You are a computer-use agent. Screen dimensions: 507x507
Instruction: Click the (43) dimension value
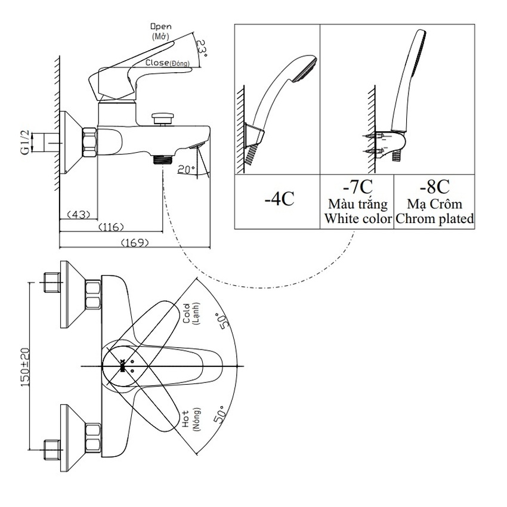point(78,214)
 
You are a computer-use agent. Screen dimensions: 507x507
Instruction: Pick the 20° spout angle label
point(187,169)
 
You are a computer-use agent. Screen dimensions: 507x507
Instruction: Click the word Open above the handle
point(160,27)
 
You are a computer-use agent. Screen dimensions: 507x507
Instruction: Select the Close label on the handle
point(156,63)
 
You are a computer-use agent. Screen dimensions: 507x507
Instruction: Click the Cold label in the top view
point(186,313)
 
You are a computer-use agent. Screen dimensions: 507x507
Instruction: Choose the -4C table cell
point(279,199)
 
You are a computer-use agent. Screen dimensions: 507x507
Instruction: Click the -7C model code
point(357,187)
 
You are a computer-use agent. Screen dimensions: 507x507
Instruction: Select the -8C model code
point(435,187)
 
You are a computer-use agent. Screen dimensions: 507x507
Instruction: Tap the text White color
point(358,219)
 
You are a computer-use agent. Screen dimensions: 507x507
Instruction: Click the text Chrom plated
point(435,219)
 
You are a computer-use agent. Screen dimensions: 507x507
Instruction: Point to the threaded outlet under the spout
point(162,159)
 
